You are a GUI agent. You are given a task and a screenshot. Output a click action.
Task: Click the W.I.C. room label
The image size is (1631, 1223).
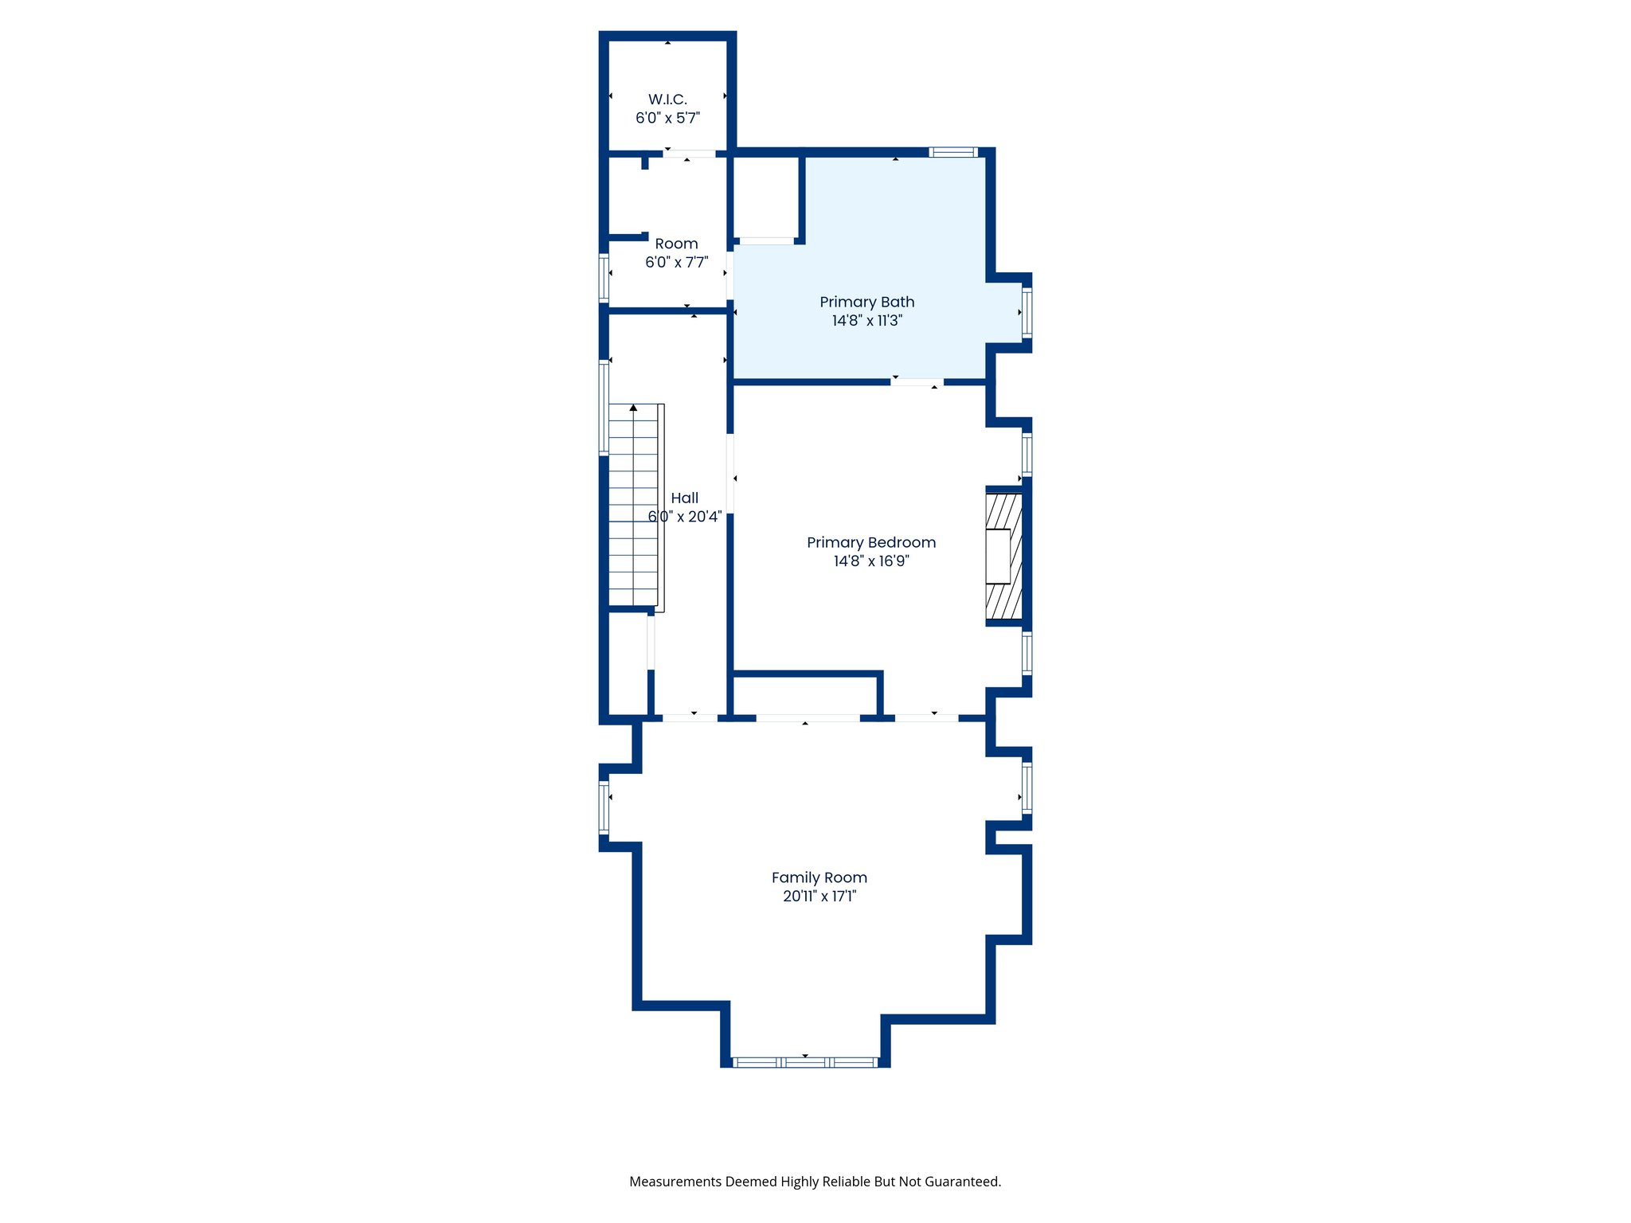pyautogui.click(x=667, y=100)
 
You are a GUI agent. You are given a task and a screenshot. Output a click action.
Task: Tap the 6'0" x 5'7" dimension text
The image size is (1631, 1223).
pyautogui.click(x=667, y=119)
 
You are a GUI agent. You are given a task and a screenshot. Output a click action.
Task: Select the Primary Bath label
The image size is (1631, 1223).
pyautogui.click(x=866, y=302)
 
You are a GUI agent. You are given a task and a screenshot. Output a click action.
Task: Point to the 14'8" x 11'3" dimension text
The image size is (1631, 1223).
pyautogui.click(x=866, y=321)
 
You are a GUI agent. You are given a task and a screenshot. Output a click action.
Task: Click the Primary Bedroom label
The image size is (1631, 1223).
pyautogui.click(x=870, y=542)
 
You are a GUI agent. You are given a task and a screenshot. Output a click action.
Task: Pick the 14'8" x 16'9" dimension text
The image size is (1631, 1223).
pyautogui.click(x=870, y=561)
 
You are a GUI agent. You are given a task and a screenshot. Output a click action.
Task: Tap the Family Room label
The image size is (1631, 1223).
pyautogui.click(x=819, y=877)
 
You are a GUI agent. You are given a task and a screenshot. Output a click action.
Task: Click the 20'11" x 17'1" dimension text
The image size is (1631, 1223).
pyautogui.click(x=819, y=897)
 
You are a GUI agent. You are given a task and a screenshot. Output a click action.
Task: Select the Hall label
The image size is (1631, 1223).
pyautogui.click(x=684, y=498)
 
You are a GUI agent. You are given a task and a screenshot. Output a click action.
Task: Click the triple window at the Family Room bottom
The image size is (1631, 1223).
pyautogui.click(x=805, y=1062)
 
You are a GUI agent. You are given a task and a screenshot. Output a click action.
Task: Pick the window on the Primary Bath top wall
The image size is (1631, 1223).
pyautogui.click(x=952, y=152)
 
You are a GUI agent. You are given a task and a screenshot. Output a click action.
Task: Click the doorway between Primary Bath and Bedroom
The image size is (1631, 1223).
pyautogui.click(x=917, y=383)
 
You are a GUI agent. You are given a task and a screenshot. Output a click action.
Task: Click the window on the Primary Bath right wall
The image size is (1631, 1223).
pyautogui.click(x=1027, y=313)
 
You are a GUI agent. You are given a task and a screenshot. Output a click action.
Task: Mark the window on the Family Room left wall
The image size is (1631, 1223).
pyautogui.click(x=604, y=807)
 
